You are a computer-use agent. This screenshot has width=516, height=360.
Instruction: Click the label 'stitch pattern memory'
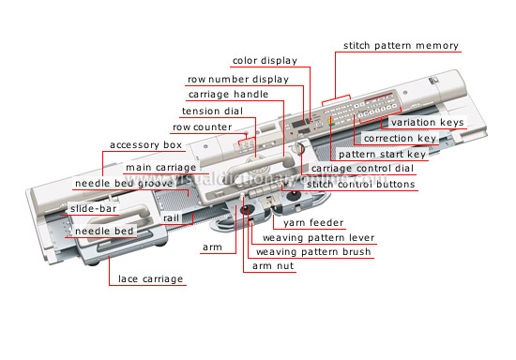pos(401,45)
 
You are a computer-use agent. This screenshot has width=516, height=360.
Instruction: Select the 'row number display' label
pos(237,79)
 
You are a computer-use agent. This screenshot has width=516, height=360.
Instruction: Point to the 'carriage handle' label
pos(228,95)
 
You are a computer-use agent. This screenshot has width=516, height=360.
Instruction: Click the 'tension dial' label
pos(212,111)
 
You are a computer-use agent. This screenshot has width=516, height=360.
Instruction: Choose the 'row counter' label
pos(201,127)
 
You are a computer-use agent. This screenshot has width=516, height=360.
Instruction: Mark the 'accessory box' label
pos(145,145)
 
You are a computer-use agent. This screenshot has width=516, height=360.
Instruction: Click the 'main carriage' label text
pos(160,168)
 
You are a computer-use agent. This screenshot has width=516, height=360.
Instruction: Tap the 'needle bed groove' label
pos(118,183)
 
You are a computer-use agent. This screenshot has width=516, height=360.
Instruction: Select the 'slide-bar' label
pos(94,207)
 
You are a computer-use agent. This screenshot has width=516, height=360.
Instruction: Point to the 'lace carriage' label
pos(150,278)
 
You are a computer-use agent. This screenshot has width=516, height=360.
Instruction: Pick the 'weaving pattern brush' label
pos(313,251)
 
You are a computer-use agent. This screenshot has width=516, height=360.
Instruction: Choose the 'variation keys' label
pos(426,123)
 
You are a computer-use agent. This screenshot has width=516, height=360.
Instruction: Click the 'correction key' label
pos(400,138)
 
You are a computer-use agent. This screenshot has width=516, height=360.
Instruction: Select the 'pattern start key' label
pos(383,153)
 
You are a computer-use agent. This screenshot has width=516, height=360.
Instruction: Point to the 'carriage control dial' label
pos(362,168)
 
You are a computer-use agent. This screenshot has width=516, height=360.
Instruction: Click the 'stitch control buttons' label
pos(361,184)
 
